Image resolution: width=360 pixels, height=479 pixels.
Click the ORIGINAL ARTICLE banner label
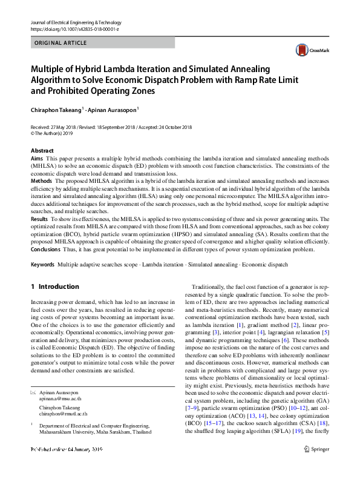[61, 43]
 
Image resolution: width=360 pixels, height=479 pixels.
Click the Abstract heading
[42, 150]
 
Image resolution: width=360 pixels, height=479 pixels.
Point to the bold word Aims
[36, 157]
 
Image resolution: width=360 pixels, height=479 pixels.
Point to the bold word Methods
[41, 181]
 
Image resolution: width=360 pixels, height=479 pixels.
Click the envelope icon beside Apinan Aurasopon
[33, 393]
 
